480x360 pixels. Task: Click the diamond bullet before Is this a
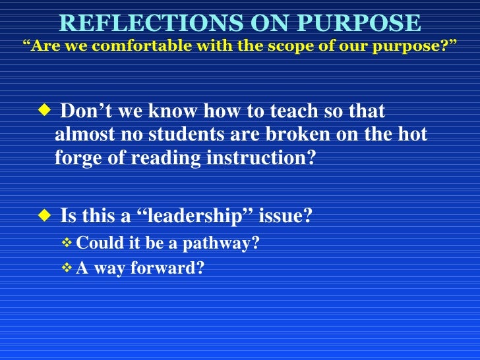(x=44, y=214)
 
